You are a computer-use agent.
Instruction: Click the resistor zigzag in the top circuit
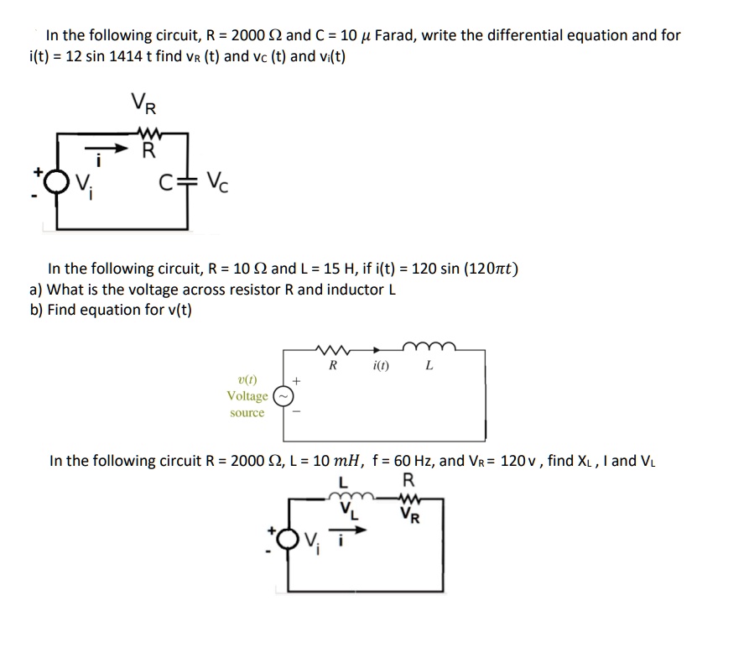click(x=149, y=132)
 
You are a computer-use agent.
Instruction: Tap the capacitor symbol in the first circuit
click(x=187, y=181)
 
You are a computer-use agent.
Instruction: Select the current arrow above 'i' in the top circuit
click(x=107, y=148)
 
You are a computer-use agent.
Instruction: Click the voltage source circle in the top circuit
click(x=57, y=182)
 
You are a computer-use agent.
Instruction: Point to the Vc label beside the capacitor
click(x=217, y=181)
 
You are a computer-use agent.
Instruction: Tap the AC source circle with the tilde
click(x=283, y=397)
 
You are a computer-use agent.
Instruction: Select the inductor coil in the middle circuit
click(x=429, y=347)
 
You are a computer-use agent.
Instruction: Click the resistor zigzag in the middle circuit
click(x=333, y=350)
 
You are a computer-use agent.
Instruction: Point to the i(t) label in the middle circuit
click(x=381, y=366)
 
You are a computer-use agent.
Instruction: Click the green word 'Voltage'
click(x=247, y=396)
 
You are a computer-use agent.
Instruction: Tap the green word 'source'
click(x=247, y=412)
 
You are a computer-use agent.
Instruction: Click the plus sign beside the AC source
click(x=297, y=381)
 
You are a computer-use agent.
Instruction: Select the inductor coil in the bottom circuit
click(x=352, y=496)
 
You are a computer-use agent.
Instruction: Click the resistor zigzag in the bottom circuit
click(x=409, y=499)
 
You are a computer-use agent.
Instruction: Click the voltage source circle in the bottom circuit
click(x=288, y=539)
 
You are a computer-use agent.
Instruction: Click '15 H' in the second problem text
click(x=339, y=269)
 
